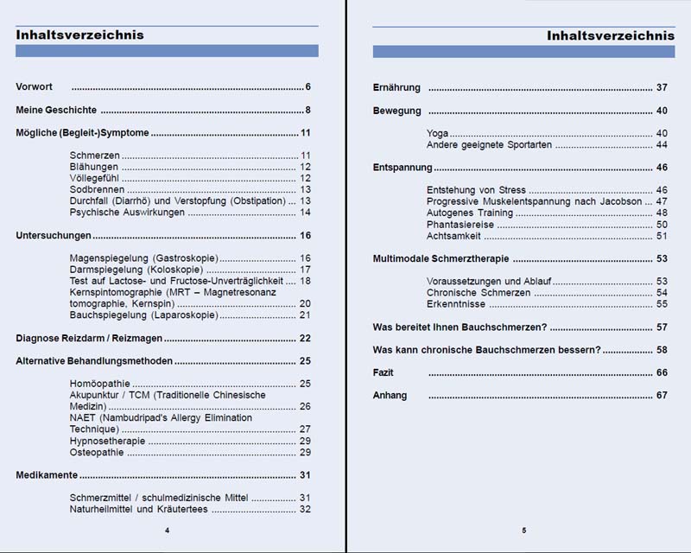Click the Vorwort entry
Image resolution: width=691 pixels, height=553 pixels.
pos(35,88)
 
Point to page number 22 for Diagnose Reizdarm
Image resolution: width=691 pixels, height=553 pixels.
pos(305,338)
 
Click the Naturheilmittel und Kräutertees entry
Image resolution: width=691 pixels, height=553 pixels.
pos(139,509)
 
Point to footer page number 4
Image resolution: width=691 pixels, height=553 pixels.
pos(167,530)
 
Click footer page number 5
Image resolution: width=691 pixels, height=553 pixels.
pos(523,530)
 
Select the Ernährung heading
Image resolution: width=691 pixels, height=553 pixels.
pos(396,88)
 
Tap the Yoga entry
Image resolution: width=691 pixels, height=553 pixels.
pos(437,134)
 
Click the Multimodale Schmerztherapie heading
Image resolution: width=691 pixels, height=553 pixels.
pos(441,258)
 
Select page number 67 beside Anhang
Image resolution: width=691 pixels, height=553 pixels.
pos(662,396)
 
